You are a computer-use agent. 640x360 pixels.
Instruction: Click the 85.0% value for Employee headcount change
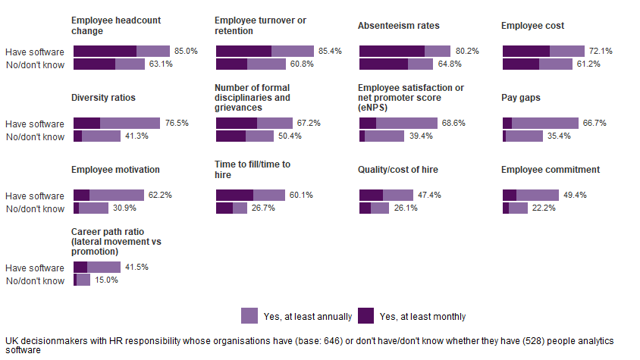tap(186, 51)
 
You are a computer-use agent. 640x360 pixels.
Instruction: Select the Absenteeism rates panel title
tap(398, 26)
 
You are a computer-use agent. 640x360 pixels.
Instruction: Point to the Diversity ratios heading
tap(103, 98)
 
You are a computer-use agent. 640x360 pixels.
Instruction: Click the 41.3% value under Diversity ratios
tap(136, 136)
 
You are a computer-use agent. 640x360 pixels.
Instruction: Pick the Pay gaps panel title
tap(520, 98)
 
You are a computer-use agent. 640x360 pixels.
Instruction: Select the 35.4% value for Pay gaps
tap(558, 136)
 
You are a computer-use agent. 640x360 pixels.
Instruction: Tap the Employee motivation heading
tap(115, 170)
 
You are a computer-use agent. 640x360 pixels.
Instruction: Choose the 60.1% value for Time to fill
tap(301, 195)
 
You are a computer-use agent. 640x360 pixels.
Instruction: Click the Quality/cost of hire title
tap(398, 170)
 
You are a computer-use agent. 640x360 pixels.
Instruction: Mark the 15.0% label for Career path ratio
tap(106, 280)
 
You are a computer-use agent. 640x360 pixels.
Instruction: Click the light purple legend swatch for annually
tap(249, 316)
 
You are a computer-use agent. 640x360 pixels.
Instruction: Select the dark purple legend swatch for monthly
tap(365, 316)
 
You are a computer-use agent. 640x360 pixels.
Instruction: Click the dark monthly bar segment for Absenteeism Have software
tap(391, 51)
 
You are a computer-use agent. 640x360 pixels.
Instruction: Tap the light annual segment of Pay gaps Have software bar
tap(544, 123)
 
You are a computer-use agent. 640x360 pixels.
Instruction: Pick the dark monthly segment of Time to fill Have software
tap(234, 195)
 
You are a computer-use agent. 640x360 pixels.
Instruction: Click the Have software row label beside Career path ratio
tap(35, 268)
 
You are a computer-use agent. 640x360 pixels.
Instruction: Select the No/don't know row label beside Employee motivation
tap(35, 209)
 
